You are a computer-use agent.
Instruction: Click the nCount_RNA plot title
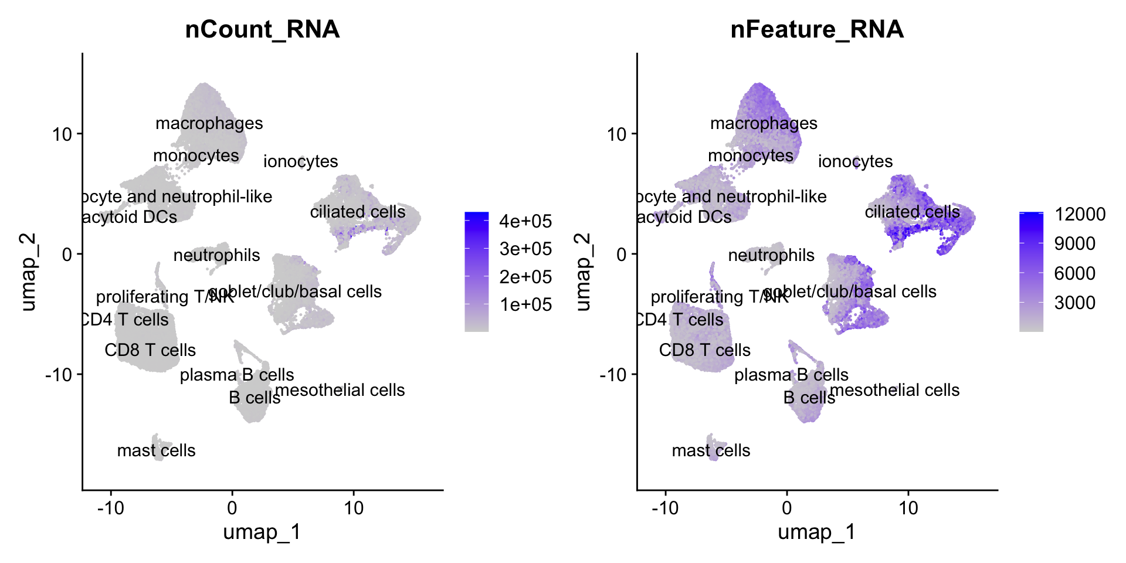pyautogui.click(x=262, y=29)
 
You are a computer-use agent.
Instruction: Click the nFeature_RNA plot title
pyautogui.click(x=817, y=29)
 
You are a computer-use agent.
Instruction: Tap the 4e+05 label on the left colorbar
pyautogui.click(x=525, y=221)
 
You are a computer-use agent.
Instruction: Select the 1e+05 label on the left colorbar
pyautogui.click(x=525, y=304)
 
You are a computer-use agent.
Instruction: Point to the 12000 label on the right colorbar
pyautogui.click(x=1080, y=214)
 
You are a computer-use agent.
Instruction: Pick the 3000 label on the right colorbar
pyautogui.click(x=1075, y=303)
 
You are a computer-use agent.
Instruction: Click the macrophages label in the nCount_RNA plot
pyautogui.click(x=209, y=123)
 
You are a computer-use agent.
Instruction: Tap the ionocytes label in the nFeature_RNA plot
pyautogui.click(x=855, y=161)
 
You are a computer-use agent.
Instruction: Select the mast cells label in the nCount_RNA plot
pyautogui.click(x=156, y=450)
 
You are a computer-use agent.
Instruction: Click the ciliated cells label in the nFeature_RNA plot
pyautogui.click(x=913, y=212)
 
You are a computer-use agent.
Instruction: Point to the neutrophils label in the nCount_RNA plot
pyautogui.click(x=216, y=255)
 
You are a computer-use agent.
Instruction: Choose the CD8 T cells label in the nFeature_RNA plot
pyautogui.click(x=705, y=350)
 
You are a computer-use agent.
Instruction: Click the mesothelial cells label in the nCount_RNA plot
pyautogui.click(x=340, y=390)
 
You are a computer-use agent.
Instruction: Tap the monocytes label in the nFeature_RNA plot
pyautogui.click(x=751, y=155)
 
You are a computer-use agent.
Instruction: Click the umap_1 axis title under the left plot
pyautogui.click(x=262, y=532)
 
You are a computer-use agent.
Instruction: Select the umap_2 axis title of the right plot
pyautogui.click(x=583, y=272)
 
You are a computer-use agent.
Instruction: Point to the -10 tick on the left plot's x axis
pyautogui.click(x=110, y=507)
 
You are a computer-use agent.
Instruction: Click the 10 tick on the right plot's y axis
pyautogui.click(x=617, y=134)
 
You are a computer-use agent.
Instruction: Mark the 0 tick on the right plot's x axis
pyautogui.click(x=787, y=507)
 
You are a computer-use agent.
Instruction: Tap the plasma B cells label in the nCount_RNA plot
pyautogui.click(x=237, y=375)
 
